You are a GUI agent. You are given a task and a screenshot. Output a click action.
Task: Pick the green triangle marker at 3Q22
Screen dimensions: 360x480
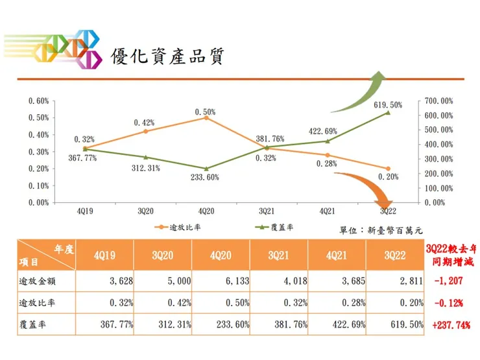(x=388, y=112)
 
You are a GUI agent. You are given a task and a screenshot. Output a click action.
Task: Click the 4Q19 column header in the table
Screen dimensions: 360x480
(x=105, y=256)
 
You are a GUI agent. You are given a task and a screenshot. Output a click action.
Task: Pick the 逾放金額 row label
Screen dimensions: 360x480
(x=39, y=281)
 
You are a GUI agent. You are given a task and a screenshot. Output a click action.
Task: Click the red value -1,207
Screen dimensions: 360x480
(x=451, y=281)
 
